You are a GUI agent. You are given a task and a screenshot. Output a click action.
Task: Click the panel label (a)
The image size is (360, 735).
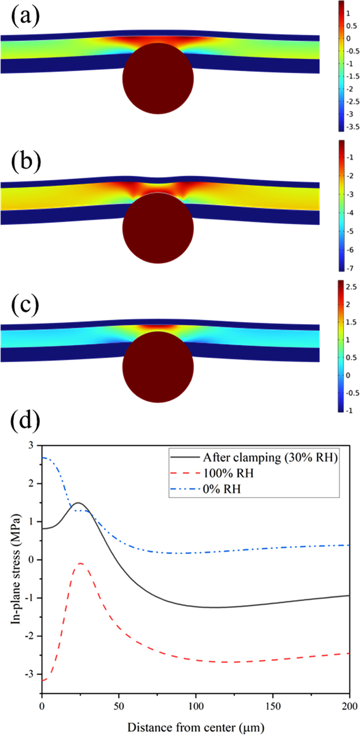25,17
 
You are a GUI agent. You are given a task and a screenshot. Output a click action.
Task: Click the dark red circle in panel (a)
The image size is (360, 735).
158,78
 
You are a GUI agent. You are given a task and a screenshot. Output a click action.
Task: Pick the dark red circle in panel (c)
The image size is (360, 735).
158,367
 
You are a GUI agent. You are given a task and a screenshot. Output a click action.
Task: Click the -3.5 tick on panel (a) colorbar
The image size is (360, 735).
352,127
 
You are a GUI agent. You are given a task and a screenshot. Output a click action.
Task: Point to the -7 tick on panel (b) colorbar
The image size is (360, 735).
349,268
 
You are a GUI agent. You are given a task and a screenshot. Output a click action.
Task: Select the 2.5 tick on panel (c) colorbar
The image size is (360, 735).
351,287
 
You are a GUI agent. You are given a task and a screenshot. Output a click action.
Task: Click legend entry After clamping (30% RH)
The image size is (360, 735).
270,458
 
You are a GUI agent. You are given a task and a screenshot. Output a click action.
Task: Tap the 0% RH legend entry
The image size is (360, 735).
221,489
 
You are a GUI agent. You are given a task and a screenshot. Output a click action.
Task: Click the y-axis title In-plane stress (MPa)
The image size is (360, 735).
16,568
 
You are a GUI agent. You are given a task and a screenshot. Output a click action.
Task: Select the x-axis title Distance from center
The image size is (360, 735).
196,727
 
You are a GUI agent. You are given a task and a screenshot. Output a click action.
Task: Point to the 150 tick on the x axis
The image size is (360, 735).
272,706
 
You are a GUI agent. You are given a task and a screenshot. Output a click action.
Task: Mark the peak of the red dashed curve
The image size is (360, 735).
80,563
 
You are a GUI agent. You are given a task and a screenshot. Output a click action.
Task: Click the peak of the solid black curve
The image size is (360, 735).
78,503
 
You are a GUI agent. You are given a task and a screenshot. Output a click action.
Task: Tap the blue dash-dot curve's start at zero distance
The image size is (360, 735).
42,458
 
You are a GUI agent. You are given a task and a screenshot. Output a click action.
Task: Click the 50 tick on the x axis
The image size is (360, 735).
119,706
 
